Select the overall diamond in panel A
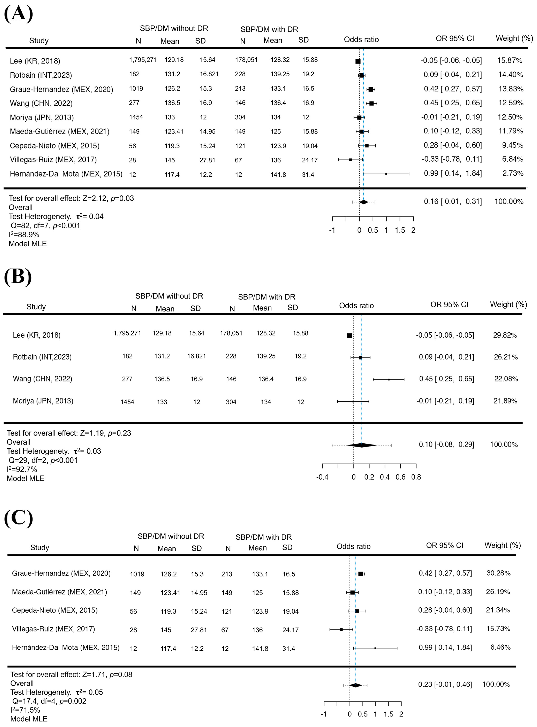pos(363,202)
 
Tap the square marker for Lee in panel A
pos(358,61)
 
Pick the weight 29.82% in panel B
pos(505,335)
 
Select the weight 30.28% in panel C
pos(498,573)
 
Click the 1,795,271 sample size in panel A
pos(143,60)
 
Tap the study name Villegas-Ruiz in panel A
pos(53,160)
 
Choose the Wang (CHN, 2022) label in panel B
pos(43,379)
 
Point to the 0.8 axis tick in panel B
pos(416,477)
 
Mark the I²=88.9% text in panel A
pos(24,235)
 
